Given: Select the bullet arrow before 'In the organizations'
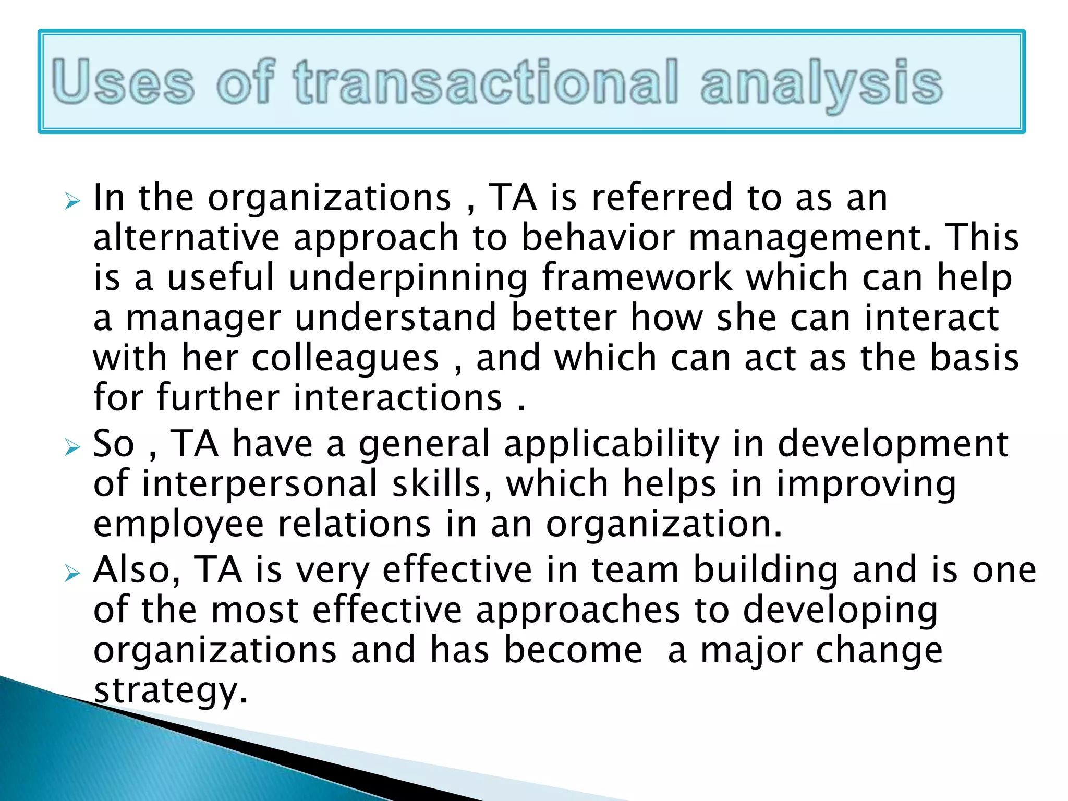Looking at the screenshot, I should click(x=72, y=201).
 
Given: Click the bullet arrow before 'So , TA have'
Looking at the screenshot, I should click(x=72, y=447).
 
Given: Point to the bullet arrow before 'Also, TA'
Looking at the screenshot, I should click(x=72, y=573).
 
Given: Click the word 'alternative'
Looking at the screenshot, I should click(x=187, y=238).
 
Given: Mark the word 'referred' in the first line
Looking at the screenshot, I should click(x=662, y=198).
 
